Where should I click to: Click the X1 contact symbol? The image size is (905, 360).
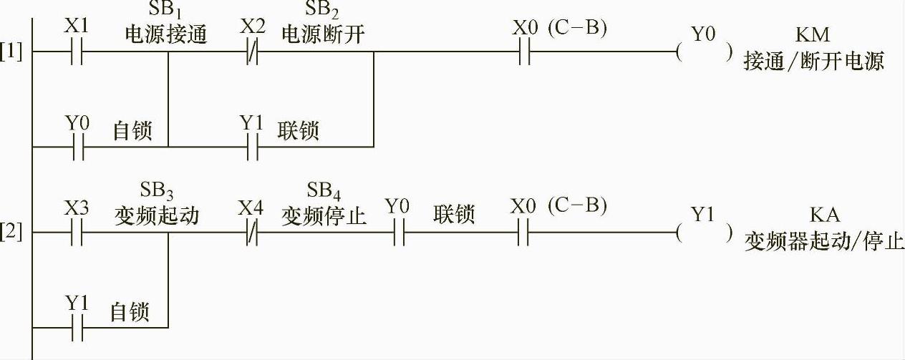[77, 52]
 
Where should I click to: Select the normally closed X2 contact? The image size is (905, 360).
[251, 52]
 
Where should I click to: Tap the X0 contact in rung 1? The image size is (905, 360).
[524, 52]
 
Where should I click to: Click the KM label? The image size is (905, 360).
[813, 34]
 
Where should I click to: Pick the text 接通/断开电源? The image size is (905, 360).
[814, 61]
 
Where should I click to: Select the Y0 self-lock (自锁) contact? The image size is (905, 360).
[77, 147]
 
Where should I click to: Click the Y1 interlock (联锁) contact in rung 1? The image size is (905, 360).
[251, 147]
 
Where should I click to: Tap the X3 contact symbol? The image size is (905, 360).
[77, 233]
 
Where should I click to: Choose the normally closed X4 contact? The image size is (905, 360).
[251, 233]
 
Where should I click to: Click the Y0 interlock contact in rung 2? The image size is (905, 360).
[398, 233]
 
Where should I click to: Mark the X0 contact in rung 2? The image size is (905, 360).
[524, 233]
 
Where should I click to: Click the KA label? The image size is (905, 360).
[825, 215]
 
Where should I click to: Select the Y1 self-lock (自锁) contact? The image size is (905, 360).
[77, 327]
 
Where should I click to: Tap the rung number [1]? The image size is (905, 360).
[11, 52]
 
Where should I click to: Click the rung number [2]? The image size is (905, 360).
[11, 233]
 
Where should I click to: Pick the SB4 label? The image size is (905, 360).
[324, 191]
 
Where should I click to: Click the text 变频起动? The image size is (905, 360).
[156, 215]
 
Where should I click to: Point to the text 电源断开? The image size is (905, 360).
[324, 34]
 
